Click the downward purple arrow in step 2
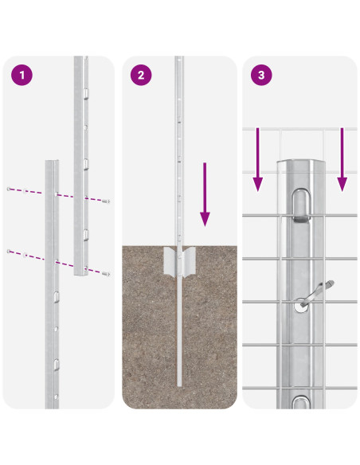pyautogui.click(x=205, y=195)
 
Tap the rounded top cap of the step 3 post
pyautogui.click(x=299, y=165)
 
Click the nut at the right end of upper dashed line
pyautogui.click(x=106, y=201)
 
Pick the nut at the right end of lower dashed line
pyautogui.click(x=106, y=273)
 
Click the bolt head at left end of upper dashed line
pyautogui.click(x=9, y=189)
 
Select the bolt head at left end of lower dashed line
pyautogui.click(x=9, y=251)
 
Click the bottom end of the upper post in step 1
pyautogui.click(x=80, y=273)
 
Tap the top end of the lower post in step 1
pyautogui.click(x=52, y=163)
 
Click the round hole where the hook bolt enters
pyautogui.click(x=301, y=303)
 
